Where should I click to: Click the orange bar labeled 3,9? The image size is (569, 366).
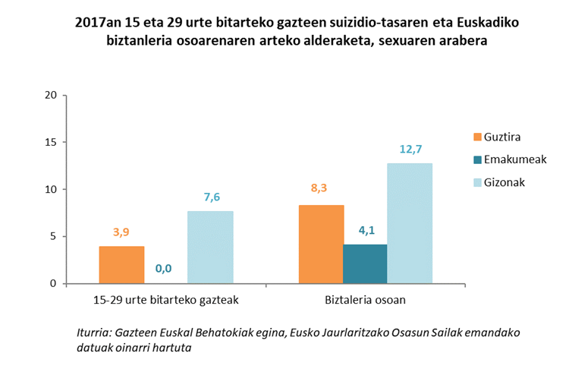tap(121, 264)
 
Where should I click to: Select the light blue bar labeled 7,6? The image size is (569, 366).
tap(210, 247)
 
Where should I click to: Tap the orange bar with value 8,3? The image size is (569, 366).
tap(322, 244)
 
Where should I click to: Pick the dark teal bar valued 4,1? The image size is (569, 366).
tap(365, 263)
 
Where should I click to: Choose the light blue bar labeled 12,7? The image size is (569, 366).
tap(410, 223)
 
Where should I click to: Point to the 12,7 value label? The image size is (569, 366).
tap(410, 149)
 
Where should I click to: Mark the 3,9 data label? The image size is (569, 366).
tap(121, 232)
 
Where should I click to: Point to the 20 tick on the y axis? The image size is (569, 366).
tap(51, 95)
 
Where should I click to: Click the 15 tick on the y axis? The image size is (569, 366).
tap(51, 142)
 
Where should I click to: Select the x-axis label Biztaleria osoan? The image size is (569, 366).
tap(366, 300)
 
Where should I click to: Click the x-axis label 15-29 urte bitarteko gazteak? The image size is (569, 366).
tap(165, 300)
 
